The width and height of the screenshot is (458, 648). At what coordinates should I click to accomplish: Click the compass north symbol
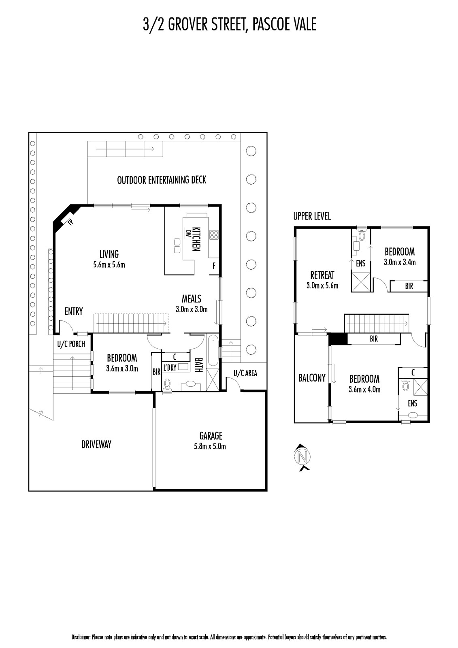(x=302, y=457)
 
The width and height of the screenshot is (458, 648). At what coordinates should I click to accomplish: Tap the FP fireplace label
(x=70, y=222)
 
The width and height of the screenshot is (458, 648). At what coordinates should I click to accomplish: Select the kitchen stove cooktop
(x=214, y=235)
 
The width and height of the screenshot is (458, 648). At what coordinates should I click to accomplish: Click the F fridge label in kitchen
(x=214, y=266)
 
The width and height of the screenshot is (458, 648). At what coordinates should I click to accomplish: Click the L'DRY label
(x=170, y=367)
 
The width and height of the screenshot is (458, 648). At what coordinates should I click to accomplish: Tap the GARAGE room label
(x=211, y=436)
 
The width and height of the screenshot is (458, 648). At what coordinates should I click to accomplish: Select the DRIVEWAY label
(x=96, y=444)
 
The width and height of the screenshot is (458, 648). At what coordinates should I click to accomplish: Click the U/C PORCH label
(x=71, y=344)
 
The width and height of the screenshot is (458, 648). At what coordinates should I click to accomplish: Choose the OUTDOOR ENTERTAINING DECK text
(x=162, y=180)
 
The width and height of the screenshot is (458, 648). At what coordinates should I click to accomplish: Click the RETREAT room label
(x=322, y=275)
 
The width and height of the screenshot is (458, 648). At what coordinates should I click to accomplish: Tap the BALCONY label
(x=312, y=378)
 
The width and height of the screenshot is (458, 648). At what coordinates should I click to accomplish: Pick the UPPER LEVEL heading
(x=312, y=216)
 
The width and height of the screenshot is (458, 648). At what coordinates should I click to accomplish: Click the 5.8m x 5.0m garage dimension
(x=210, y=446)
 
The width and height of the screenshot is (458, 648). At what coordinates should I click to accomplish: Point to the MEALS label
(x=192, y=298)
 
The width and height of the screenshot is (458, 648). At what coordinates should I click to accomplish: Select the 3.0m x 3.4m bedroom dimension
(x=400, y=262)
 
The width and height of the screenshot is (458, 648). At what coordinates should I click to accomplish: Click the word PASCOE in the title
(x=269, y=24)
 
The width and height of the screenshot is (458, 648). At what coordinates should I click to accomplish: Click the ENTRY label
(x=74, y=311)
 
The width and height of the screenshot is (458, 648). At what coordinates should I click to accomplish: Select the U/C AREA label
(x=245, y=373)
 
